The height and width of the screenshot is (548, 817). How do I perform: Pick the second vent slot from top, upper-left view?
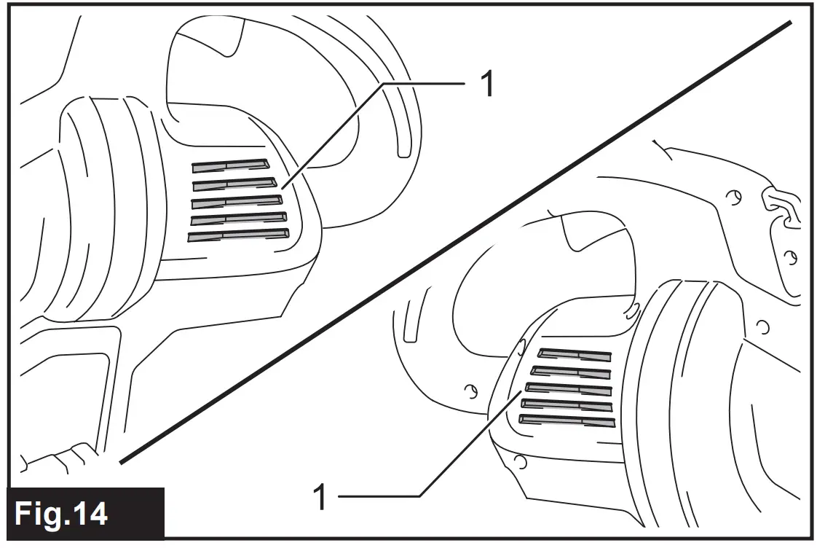234,183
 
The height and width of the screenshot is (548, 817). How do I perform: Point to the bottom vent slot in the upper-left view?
238,235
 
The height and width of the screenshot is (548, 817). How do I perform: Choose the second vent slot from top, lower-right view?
571,372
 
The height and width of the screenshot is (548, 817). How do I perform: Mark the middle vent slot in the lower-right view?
568,388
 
